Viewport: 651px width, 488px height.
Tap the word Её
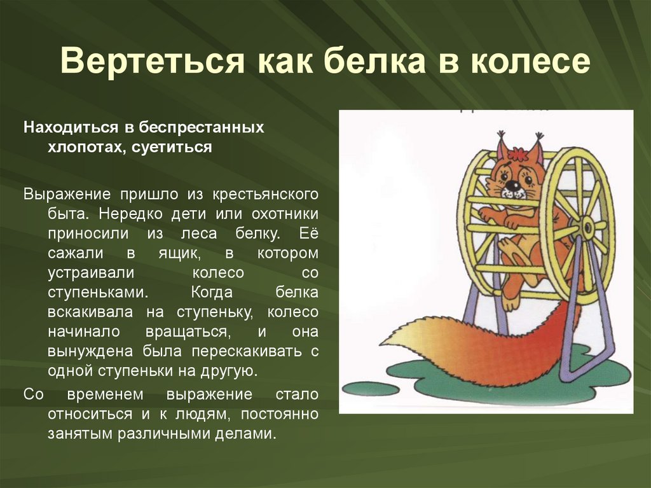[x=310, y=234]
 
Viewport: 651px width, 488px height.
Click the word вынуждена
[x=79, y=351]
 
